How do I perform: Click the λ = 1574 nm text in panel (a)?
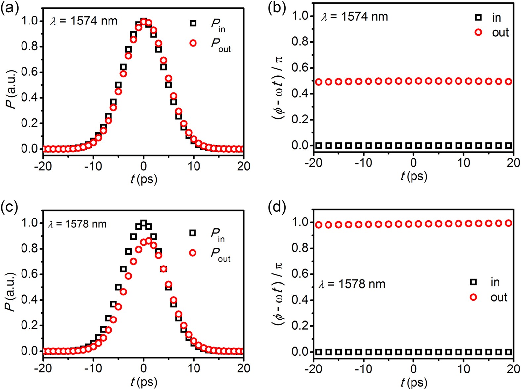tap(84, 21)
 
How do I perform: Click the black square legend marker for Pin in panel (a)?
tap(193, 23)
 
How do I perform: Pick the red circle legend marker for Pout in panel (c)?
tap(193, 253)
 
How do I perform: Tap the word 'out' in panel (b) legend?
tap(500, 32)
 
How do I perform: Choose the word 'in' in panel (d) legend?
tap(495, 282)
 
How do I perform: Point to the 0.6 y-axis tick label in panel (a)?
tap(29, 72)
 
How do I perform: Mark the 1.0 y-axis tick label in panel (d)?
tap(300, 222)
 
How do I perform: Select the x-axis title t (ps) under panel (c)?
tap(144, 382)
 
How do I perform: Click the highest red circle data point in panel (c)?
tap(149, 241)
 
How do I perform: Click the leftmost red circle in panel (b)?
tap(319, 82)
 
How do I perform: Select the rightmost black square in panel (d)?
tap(509, 352)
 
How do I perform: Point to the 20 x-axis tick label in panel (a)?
tap(243, 166)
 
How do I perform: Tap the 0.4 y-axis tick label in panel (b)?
tap(300, 94)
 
